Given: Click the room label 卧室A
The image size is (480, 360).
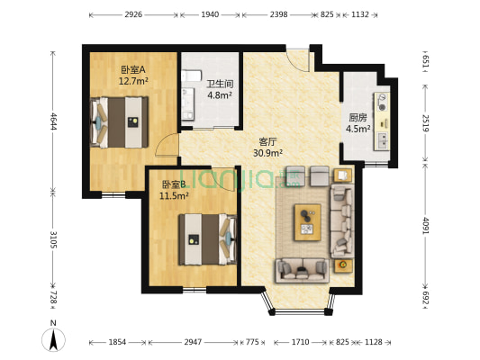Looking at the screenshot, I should [x=133, y=69].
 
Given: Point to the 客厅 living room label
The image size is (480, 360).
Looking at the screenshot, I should [x=267, y=141].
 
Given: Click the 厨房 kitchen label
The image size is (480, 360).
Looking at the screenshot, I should [x=358, y=116].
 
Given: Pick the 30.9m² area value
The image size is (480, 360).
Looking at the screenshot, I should [x=268, y=153].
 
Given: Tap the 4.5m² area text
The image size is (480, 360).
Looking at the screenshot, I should [x=358, y=128].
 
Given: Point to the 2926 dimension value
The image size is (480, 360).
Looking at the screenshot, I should [x=133, y=15].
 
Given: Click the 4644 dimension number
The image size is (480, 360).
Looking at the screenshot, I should [x=54, y=121].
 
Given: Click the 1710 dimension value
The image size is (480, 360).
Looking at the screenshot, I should [x=301, y=343].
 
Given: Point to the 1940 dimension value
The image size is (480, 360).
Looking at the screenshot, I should [x=209, y=15].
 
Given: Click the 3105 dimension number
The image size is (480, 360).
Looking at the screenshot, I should [x=54, y=239].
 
